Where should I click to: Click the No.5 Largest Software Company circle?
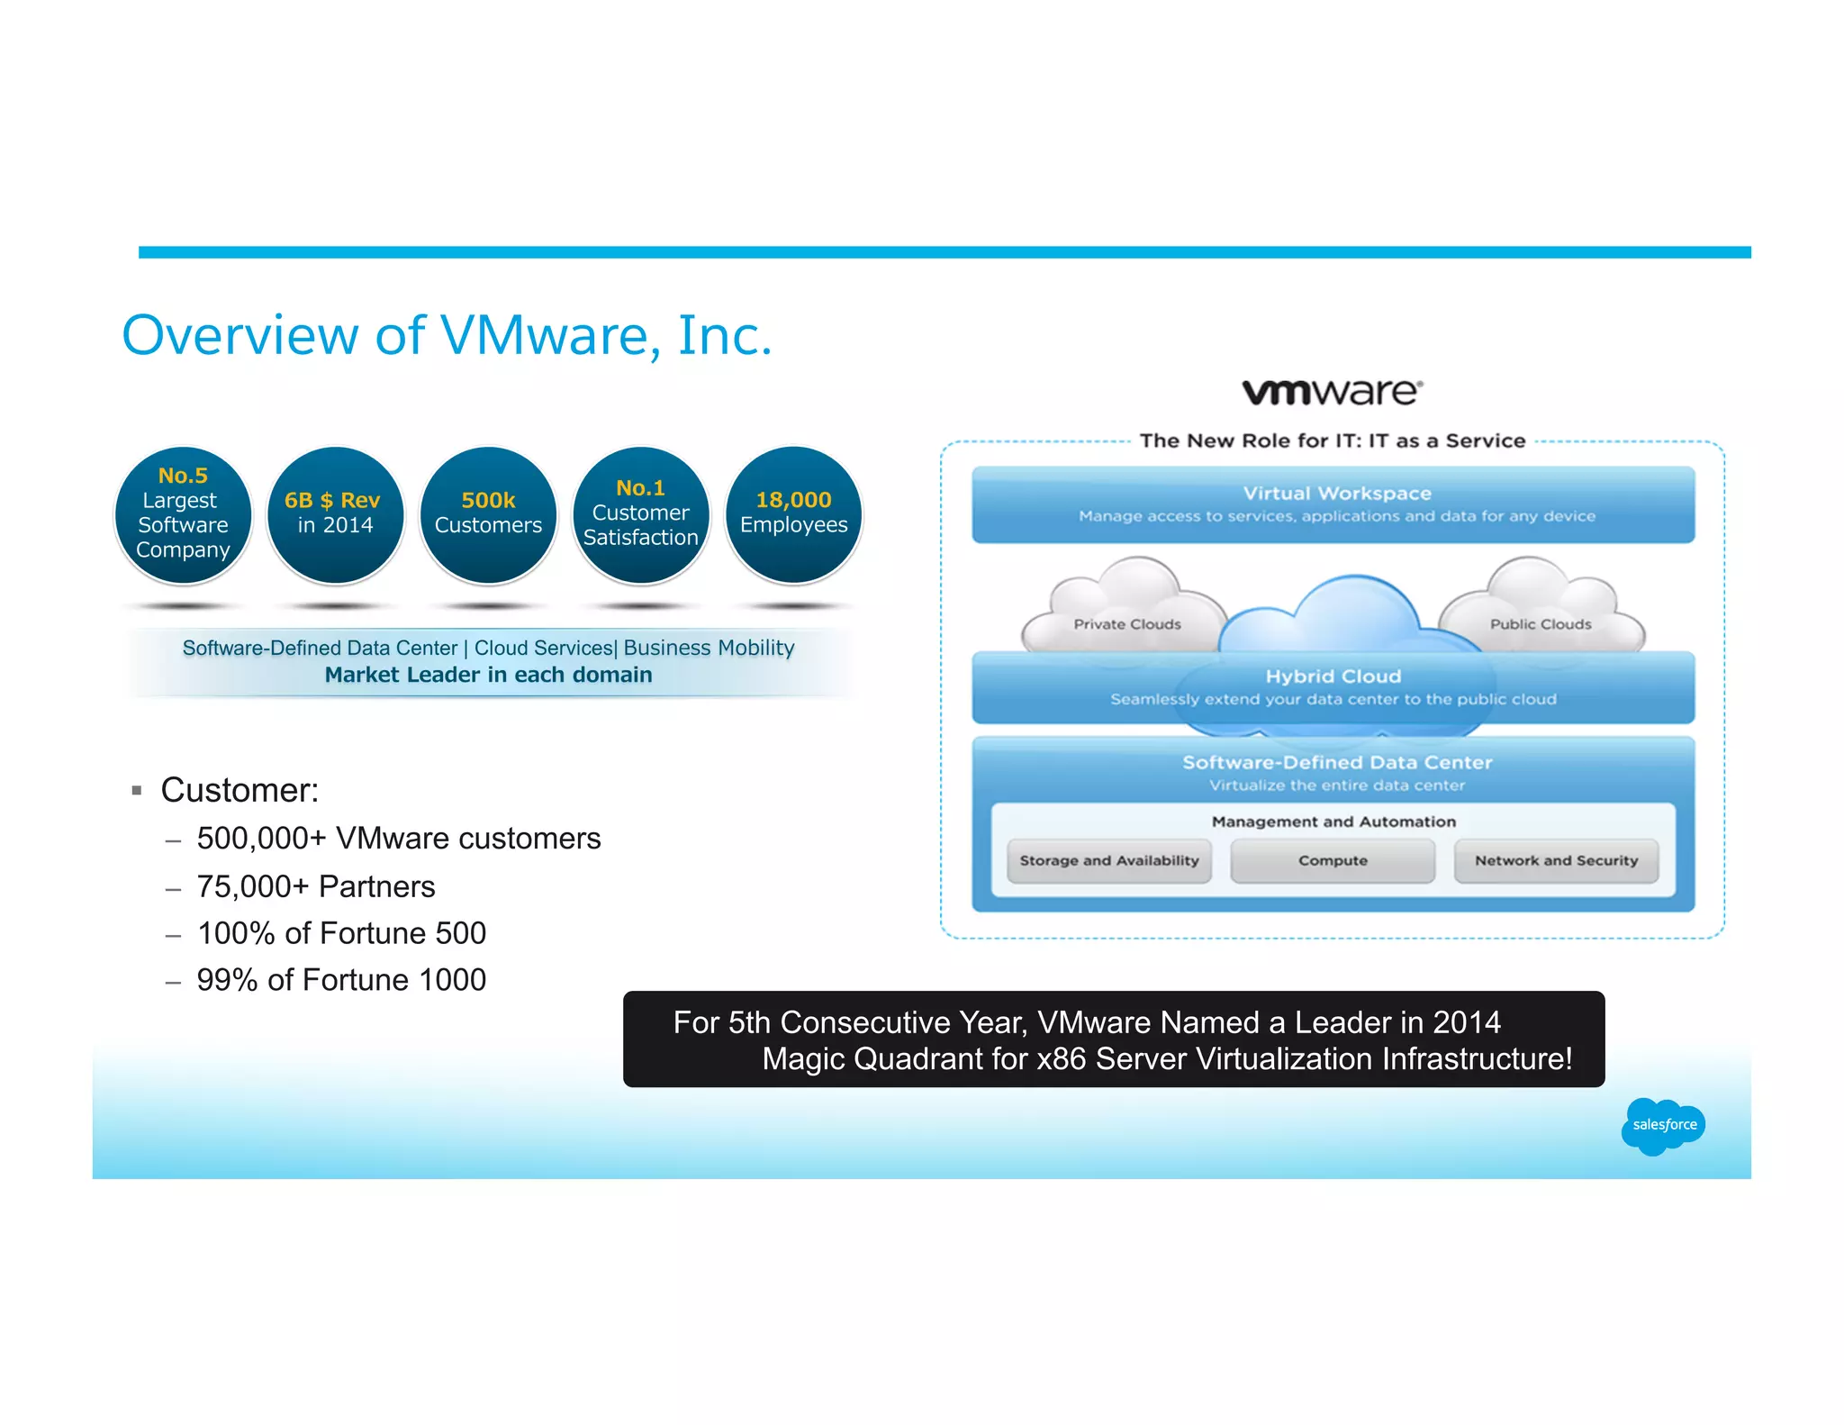[183, 514]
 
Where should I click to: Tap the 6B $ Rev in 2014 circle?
[335, 514]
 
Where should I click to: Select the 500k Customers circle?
[488, 514]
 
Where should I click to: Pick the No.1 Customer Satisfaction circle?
[640, 514]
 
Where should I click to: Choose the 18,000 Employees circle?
[793, 514]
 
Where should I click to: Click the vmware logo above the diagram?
[1332, 392]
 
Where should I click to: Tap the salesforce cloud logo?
[1663, 1125]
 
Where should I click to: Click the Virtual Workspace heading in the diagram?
[1336, 494]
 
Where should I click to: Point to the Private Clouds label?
[1126, 624]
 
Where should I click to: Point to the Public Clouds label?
[1540, 624]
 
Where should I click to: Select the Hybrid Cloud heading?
[1333, 676]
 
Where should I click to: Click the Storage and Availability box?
[1108, 861]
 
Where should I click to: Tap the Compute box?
[1333, 861]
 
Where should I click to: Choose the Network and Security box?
[1556, 861]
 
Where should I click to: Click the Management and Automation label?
[1333, 821]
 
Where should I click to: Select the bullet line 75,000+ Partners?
[315, 886]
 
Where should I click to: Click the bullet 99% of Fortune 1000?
[340, 980]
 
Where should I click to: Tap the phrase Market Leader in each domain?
[488, 675]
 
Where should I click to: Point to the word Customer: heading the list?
[240, 790]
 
